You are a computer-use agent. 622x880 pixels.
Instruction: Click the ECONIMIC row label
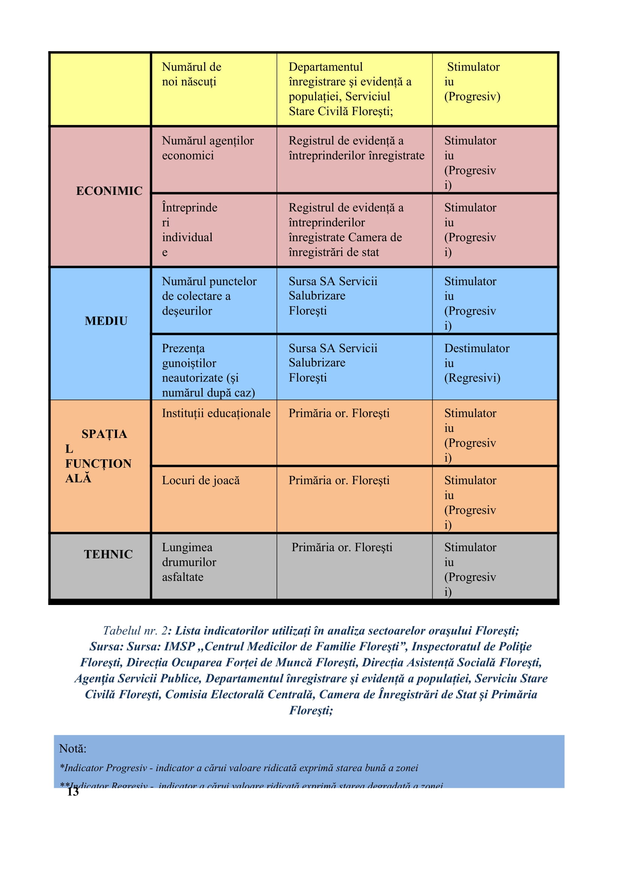pyautogui.click(x=109, y=191)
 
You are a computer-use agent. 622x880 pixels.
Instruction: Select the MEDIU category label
pyautogui.click(x=106, y=321)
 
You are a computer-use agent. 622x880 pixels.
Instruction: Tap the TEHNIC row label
pyautogui.click(x=108, y=554)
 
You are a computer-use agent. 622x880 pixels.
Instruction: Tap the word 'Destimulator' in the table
pyautogui.click(x=477, y=348)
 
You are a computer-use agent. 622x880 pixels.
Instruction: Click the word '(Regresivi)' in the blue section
pyautogui.click(x=472, y=378)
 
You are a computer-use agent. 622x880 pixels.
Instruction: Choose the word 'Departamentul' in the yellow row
pyautogui.click(x=326, y=67)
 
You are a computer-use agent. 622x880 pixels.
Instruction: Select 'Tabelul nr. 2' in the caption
pyautogui.click(x=135, y=631)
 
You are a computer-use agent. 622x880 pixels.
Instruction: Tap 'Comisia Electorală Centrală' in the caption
pyautogui.click(x=240, y=694)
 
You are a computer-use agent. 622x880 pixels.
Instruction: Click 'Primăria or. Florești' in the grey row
pyautogui.click(x=342, y=547)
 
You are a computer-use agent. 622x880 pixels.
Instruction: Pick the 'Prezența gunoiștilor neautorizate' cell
pyautogui.click(x=208, y=370)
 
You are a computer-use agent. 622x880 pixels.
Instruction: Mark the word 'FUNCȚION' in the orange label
pyautogui.click(x=99, y=464)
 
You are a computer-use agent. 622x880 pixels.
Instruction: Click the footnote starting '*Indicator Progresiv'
pyautogui.click(x=239, y=768)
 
